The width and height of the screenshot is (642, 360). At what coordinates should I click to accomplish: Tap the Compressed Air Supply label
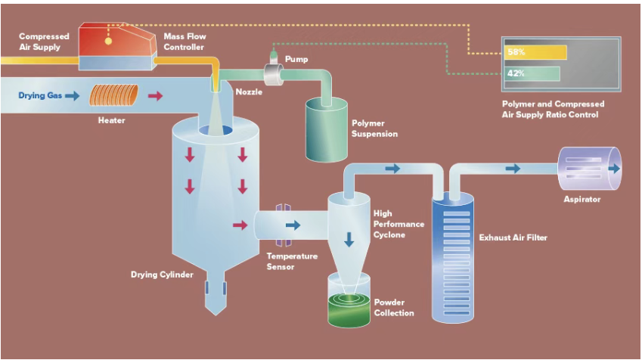point(44,41)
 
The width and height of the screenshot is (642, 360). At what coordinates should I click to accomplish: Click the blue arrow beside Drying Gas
point(72,96)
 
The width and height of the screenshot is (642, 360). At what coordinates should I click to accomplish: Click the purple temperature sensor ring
point(282,225)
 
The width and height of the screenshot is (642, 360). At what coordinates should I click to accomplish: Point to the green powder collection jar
point(349,306)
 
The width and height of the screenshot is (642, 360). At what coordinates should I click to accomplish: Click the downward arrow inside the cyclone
point(349,239)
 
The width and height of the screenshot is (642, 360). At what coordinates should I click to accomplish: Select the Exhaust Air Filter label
point(513,237)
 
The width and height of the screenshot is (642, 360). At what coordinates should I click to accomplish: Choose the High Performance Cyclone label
point(399,224)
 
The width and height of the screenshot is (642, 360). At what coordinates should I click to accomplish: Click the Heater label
point(111,120)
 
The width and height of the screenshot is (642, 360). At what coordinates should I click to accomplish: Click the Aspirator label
point(582,200)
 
